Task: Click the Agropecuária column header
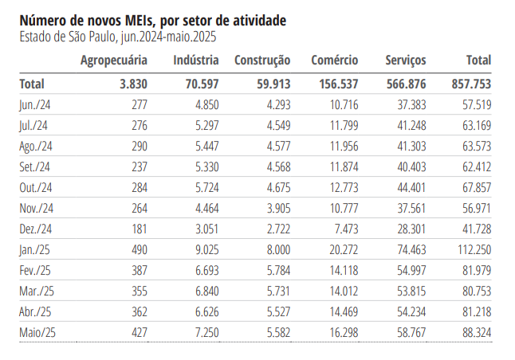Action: (114, 61)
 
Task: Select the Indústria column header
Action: (196, 61)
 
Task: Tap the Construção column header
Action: (261, 61)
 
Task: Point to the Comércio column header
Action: (334, 61)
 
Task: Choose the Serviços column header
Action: (405, 61)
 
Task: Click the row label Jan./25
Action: (36, 249)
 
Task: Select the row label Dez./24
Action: (36, 229)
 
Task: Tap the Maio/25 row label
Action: (38, 332)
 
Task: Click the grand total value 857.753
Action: (470, 84)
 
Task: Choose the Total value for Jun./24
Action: (475, 104)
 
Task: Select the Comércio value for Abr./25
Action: (342, 311)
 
